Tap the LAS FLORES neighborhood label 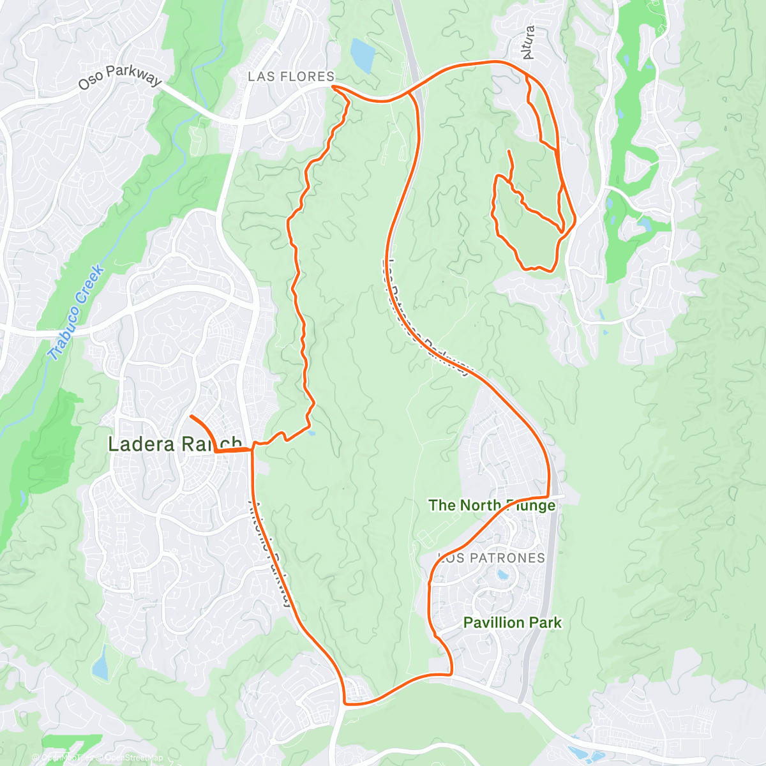[x=291, y=77]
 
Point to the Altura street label [x=528, y=43]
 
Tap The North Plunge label [x=492, y=506]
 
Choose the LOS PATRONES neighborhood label [x=492, y=558]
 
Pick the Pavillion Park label [x=513, y=622]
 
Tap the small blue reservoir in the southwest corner [x=100, y=663]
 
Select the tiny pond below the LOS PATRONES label [x=503, y=575]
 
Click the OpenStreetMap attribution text [x=133, y=758]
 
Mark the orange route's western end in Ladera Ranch [x=191, y=416]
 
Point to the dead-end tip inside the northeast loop [x=509, y=151]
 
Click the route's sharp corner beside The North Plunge [x=548, y=496]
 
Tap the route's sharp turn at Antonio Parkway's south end [x=345, y=703]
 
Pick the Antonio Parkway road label [x=271, y=553]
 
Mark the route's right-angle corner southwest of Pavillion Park [x=451, y=673]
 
